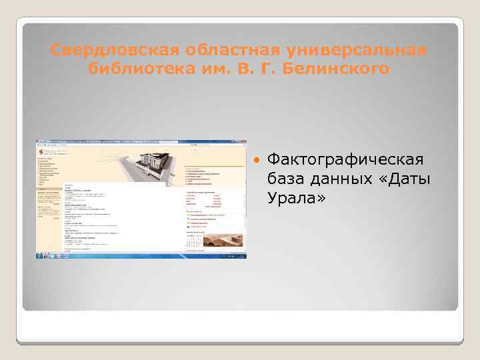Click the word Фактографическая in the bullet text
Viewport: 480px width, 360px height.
pyautogui.click(x=345, y=160)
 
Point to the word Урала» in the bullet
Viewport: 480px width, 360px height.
pyautogui.click(x=295, y=198)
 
